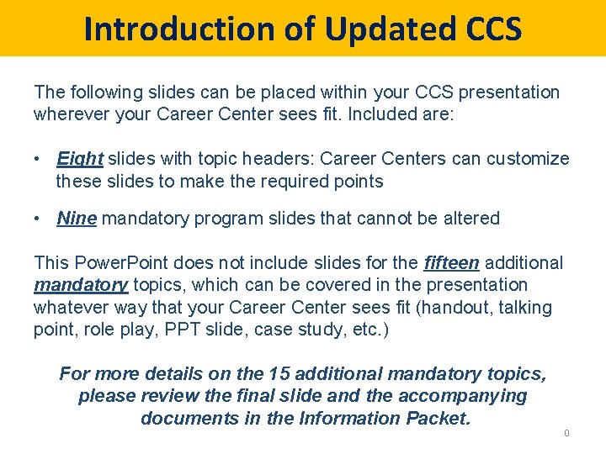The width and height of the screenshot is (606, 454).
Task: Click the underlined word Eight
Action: (x=80, y=159)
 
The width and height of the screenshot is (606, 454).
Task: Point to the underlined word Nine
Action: (x=77, y=219)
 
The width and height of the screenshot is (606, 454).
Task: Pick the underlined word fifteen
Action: (x=451, y=263)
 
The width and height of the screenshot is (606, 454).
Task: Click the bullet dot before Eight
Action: (x=39, y=159)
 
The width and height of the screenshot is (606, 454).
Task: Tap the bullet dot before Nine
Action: (x=39, y=219)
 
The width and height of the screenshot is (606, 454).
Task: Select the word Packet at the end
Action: (x=436, y=418)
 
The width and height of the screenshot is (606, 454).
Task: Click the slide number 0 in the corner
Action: (x=566, y=433)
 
